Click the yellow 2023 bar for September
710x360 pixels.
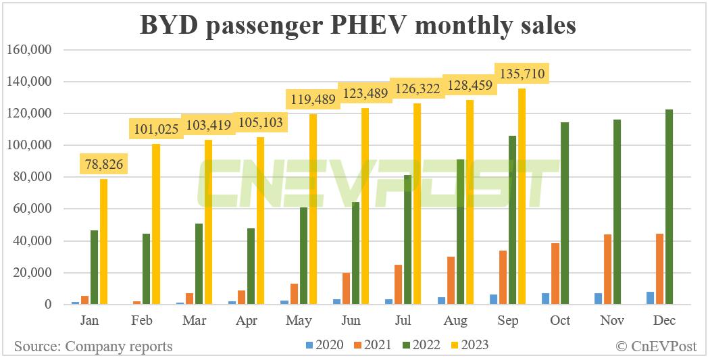521,197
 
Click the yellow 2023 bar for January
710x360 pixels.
104,242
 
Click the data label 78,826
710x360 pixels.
104,163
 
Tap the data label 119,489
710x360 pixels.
312,99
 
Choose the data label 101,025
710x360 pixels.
156,128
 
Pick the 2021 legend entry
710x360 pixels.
371,345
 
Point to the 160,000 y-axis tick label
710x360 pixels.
29,50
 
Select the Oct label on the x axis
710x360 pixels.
559,321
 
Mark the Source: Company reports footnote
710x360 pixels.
93,346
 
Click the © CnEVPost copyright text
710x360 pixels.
655,346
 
